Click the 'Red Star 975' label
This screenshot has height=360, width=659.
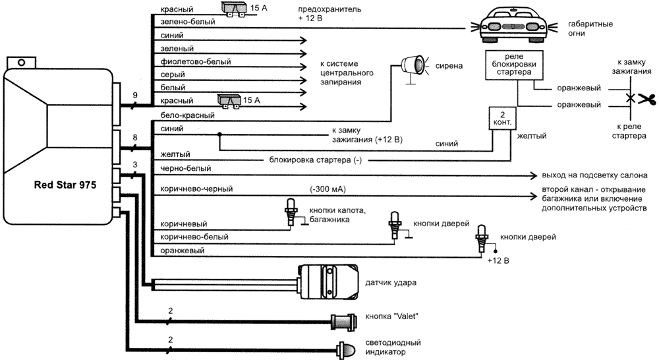pyautogui.click(x=65, y=185)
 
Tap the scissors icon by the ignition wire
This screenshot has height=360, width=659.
pyautogui.click(x=647, y=99)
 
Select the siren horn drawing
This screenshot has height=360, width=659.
pyautogui.click(x=414, y=67)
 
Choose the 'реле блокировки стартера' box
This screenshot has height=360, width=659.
pyautogui.click(x=514, y=65)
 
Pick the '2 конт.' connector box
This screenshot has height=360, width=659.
pyautogui.click(x=502, y=118)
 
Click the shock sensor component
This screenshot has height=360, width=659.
pyautogui.click(x=328, y=282)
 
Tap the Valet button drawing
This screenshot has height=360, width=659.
pyautogui.click(x=345, y=322)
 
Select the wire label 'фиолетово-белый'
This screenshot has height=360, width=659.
pyautogui.click(x=196, y=61)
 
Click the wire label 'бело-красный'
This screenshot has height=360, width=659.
pyautogui.click(x=187, y=115)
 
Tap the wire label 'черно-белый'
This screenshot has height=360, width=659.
pyautogui.click(x=186, y=168)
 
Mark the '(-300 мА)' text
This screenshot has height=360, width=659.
pyautogui.click(x=328, y=189)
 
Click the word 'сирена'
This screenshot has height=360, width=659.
pyautogui.click(x=449, y=66)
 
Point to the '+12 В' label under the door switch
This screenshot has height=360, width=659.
pyautogui.click(x=498, y=260)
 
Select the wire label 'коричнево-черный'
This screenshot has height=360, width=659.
pyautogui.click(x=196, y=189)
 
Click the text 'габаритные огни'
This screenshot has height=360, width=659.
pyautogui.click(x=590, y=28)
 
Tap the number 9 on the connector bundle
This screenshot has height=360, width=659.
pyautogui.click(x=135, y=96)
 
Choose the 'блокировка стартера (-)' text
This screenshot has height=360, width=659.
pyautogui.click(x=315, y=160)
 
